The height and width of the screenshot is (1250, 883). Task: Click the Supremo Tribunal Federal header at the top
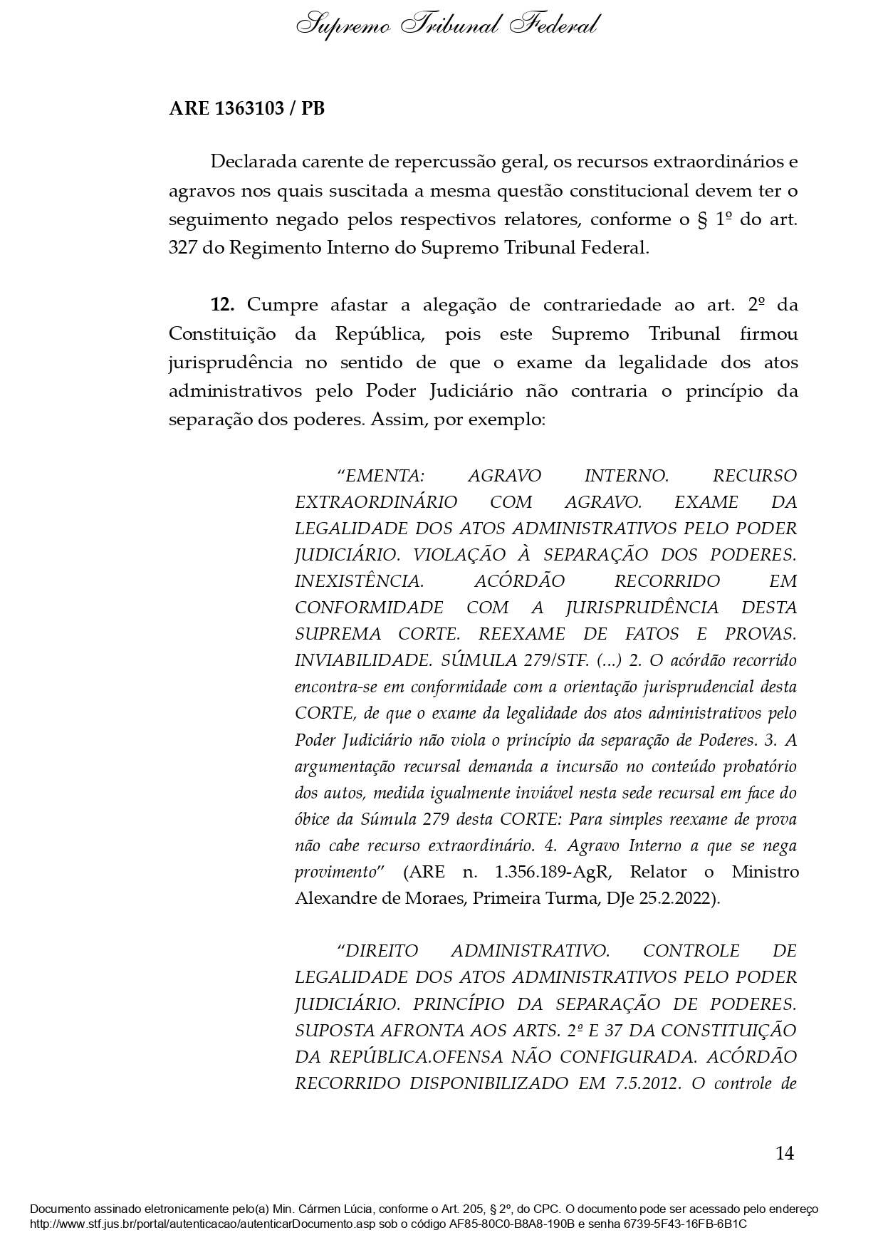(446, 26)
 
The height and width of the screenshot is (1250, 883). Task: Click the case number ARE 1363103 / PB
(246, 109)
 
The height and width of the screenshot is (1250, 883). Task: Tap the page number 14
(784, 1153)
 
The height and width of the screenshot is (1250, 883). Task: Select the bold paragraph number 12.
(222, 305)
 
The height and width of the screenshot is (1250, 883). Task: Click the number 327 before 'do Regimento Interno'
(183, 248)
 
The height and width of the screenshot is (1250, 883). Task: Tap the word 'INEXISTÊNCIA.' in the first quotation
(360, 581)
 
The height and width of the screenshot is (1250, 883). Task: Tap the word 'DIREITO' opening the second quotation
(382, 951)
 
